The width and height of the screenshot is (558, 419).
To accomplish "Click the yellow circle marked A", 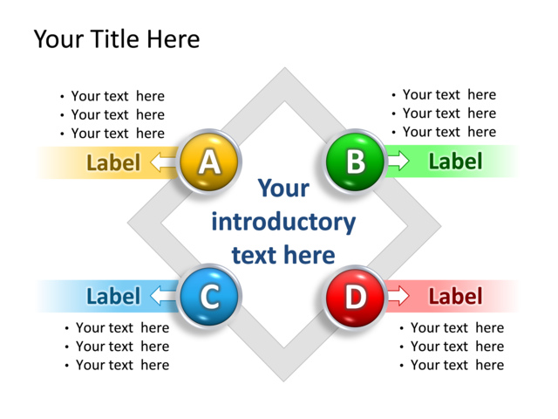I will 208,161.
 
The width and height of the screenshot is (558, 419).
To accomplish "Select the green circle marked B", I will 355,161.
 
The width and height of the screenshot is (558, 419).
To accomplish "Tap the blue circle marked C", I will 208,297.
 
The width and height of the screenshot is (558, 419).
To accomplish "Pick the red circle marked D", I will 355,297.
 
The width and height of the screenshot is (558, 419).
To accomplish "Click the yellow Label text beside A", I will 113,162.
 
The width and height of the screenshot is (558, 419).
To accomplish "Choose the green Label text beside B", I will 455,161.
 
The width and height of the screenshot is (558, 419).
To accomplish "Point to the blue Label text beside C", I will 113,296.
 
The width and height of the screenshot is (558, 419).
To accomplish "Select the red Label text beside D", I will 455,296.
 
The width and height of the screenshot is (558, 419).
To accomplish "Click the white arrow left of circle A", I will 163,162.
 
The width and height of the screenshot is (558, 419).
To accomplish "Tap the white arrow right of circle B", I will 398,161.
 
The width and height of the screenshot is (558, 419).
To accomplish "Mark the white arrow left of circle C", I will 163,296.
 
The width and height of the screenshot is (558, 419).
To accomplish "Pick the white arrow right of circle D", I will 398,296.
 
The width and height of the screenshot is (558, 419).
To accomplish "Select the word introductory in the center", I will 283,222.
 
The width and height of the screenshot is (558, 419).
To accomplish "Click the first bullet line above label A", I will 117,96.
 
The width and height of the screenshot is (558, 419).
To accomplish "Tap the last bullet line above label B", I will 448,132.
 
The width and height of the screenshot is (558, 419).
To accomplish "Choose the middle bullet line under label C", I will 122,347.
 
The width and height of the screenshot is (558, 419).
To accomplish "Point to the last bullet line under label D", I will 456,365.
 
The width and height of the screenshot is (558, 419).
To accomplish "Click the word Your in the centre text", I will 283,189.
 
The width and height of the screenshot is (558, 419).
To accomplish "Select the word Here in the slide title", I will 173,39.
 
